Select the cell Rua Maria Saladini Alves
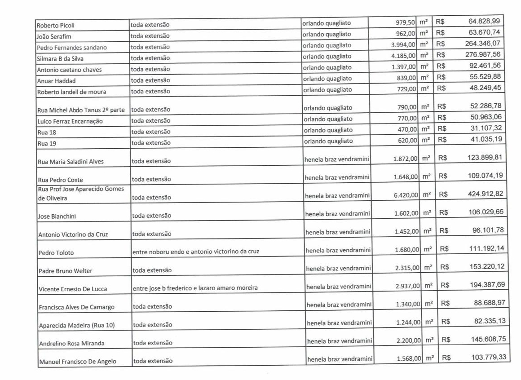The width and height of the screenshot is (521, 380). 71,162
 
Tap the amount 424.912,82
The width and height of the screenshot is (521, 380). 486,194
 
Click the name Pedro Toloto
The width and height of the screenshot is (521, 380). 56,252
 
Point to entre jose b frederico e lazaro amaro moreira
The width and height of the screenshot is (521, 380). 195,288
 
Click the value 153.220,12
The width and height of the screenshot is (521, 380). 487,266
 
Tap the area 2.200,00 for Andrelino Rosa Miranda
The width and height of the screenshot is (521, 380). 407,341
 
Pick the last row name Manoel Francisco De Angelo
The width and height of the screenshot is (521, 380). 78,361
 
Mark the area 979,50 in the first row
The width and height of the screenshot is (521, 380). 405,22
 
